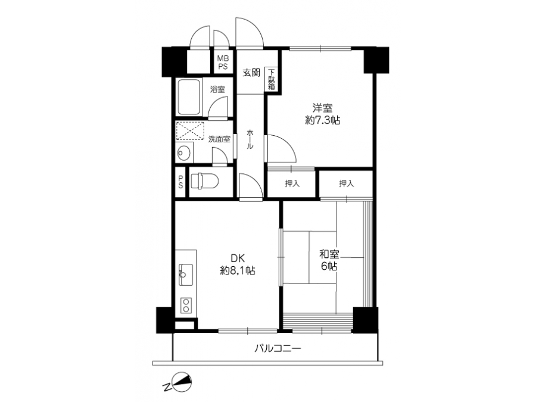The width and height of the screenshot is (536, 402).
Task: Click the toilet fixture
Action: [x=204, y=181]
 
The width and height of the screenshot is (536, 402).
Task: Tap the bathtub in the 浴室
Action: [x=188, y=98]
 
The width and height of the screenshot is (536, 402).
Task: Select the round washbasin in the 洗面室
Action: [x=184, y=152]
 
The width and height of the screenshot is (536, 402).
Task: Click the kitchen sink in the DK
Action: [x=185, y=275]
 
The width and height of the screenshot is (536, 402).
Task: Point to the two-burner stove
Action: [x=186, y=306]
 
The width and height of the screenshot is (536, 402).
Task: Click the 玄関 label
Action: [x=251, y=73]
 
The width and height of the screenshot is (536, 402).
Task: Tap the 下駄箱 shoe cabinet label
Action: [x=272, y=80]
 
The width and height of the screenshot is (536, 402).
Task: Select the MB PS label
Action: [x=223, y=63]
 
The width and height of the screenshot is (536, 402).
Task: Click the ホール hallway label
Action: [x=250, y=139]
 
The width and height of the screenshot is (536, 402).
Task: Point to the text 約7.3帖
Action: [x=322, y=120]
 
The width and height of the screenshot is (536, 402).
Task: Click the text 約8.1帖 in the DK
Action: [x=238, y=271]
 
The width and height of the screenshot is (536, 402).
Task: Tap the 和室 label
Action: [x=329, y=254]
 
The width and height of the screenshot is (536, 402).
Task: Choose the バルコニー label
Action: [x=278, y=348]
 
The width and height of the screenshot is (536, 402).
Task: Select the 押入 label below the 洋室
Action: [x=292, y=183]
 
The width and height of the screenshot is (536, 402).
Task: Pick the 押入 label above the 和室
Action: [x=346, y=183]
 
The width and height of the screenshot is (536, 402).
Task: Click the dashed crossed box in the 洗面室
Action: [x=190, y=131]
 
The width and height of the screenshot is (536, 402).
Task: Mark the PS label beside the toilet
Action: [x=180, y=182]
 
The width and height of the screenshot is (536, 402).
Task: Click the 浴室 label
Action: [x=217, y=89]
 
